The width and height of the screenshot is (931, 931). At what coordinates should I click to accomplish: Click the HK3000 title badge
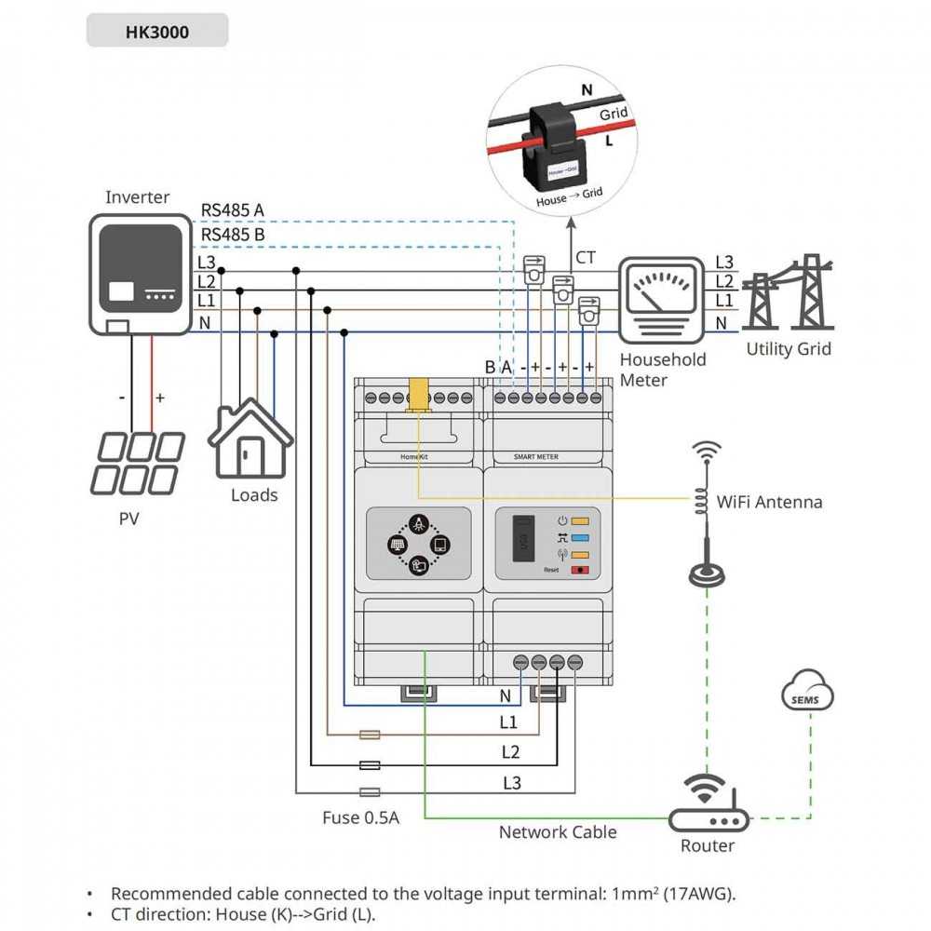156,31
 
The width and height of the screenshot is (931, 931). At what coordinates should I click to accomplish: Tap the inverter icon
137,273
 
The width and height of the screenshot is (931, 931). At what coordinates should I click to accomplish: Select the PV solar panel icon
136,464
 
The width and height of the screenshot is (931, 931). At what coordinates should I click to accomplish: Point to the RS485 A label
233,210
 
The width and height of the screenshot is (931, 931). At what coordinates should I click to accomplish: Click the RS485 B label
233,235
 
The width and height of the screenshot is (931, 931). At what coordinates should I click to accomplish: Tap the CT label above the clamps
586,258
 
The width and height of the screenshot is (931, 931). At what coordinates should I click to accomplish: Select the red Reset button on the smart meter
584,568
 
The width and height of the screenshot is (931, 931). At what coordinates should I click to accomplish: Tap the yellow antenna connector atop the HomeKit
418,393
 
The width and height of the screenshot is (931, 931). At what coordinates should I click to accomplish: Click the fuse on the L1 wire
370,735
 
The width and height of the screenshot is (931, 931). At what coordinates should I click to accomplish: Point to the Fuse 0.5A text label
360,817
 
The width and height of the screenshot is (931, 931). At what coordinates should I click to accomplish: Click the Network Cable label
558,831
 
